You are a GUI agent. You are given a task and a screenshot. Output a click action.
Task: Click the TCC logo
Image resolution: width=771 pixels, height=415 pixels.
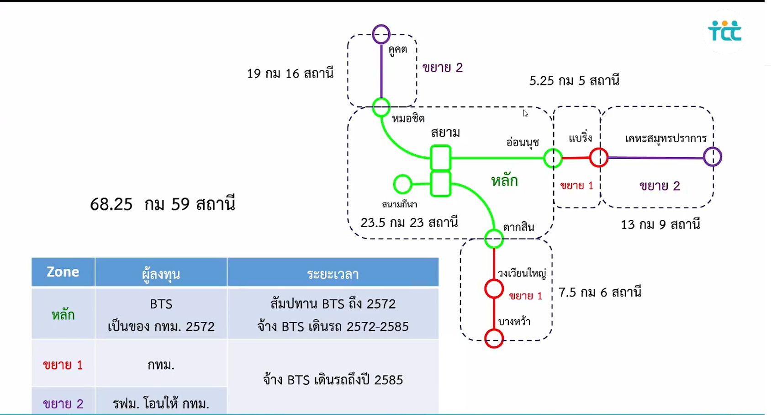tap(724, 31)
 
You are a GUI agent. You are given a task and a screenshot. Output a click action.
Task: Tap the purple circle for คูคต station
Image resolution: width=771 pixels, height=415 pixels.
tap(381, 34)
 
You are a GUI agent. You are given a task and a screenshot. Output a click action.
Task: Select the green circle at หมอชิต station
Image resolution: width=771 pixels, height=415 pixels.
tap(381, 107)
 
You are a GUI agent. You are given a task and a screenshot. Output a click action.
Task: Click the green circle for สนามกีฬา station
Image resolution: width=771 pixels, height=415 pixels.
tap(402, 184)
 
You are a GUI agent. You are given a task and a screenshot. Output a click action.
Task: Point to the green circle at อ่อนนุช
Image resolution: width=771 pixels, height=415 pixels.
tap(553, 159)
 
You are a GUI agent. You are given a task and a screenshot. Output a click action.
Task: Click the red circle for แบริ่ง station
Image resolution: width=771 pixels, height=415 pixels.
tap(598, 158)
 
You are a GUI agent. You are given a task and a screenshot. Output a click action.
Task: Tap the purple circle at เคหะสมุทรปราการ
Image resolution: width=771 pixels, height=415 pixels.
tap(712, 157)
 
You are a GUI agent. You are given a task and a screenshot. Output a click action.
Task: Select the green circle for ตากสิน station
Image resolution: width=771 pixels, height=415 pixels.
tap(494, 239)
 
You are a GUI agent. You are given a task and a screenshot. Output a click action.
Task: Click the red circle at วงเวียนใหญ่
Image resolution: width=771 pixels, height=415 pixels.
tap(494, 289)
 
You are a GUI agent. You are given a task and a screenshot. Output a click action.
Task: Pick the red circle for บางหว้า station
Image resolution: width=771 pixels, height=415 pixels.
tap(494, 339)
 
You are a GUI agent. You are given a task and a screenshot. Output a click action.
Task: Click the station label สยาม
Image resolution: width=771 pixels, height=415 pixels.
tap(445, 133)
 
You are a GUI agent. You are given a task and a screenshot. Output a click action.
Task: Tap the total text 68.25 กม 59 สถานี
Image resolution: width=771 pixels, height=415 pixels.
tap(162, 204)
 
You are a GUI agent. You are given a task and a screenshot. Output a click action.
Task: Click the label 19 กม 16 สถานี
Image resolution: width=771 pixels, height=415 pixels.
tap(290, 74)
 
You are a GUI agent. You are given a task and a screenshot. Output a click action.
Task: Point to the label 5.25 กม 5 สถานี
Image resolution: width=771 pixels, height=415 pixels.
tap(574, 81)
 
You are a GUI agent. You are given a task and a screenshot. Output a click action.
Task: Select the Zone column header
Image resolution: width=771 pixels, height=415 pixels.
tap(63, 272)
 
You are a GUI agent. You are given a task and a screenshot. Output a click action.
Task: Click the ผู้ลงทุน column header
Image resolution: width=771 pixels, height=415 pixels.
tap(161, 274)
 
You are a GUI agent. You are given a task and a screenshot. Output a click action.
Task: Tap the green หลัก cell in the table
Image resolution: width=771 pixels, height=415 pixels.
tap(63, 315)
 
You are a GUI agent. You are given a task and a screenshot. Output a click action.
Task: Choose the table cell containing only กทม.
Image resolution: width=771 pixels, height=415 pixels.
tap(161, 365)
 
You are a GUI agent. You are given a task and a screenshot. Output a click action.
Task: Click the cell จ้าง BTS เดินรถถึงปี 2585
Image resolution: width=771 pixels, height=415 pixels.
tap(333, 380)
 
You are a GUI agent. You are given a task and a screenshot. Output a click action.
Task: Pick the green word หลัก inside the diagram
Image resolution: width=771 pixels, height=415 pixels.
tap(504, 181)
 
